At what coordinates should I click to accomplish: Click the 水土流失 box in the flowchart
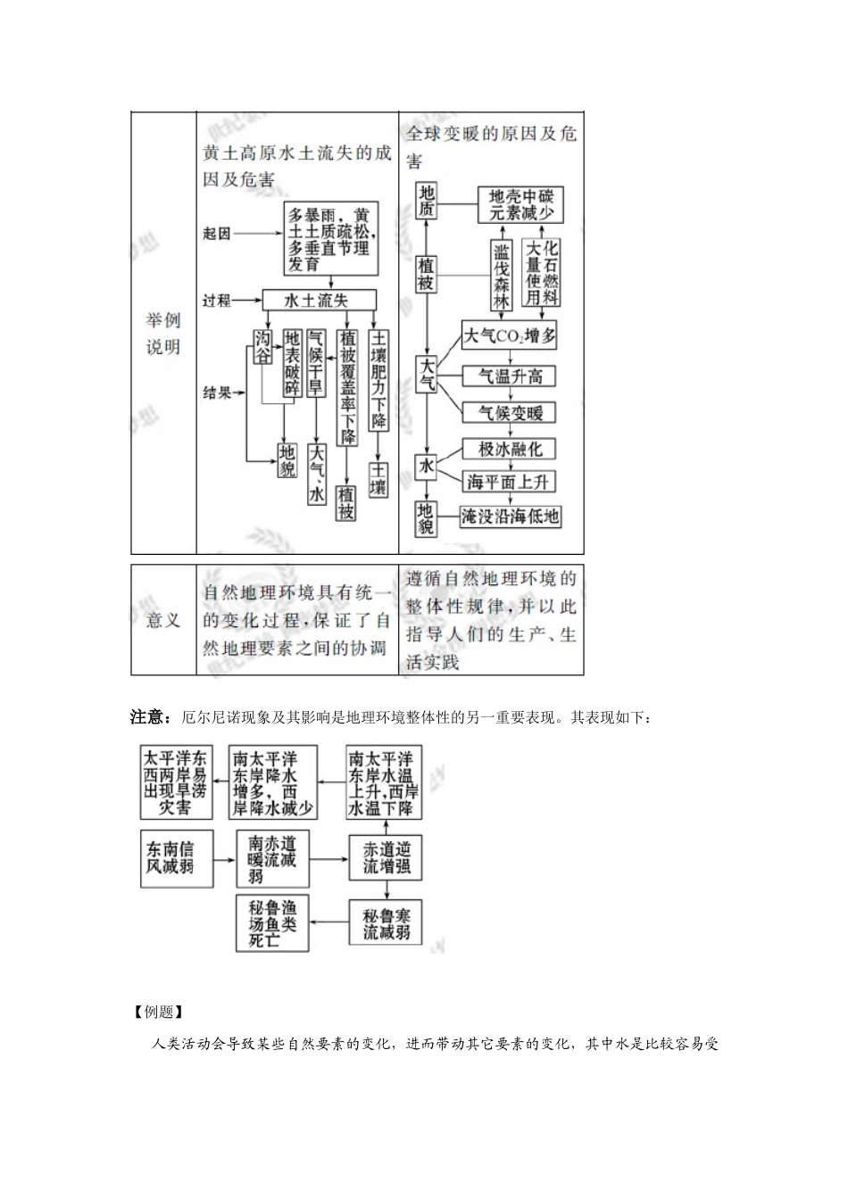pyautogui.click(x=319, y=301)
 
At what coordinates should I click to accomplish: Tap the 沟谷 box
pyautogui.click(x=262, y=347)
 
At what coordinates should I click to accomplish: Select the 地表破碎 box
pyautogui.click(x=292, y=363)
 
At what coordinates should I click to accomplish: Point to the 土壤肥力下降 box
pyautogui.click(x=379, y=379)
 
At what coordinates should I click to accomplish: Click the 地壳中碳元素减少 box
pyautogui.click(x=521, y=204)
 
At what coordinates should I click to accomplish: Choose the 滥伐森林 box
pyautogui.click(x=503, y=277)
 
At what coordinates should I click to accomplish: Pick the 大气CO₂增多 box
pyautogui.click(x=510, y=335)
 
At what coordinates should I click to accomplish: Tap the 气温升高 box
pyautogui.click(x=510, y=376)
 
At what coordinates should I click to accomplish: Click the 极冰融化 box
pyautogui.click(x=510, y=449)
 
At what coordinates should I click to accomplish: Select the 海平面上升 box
pyautogui.click(x=510, y=482)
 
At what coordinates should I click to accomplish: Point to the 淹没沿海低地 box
pyautogui.click(x=510, y=516)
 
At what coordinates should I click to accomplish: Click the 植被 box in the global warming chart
pyautogui.click(x=427, y=273)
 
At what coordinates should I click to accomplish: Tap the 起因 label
pyautogui.click(x=216, y=234)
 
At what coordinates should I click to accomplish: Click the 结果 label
pyautogui.click(x=217, y=393)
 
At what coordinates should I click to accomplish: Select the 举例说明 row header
pyautogui.click(x=163, y=334)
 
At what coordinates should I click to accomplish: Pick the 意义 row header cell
pyautogui.click(x=163, y=619)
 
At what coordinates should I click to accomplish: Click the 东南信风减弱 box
pyautogui.click(x=177, y=857)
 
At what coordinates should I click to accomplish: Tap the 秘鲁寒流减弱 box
pyautogui.click(x=386, y=923)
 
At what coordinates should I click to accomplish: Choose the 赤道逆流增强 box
pyautogui.click(x=386, y=857)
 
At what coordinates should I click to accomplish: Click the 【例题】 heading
pyautogui.click(x=158, y=1013)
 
